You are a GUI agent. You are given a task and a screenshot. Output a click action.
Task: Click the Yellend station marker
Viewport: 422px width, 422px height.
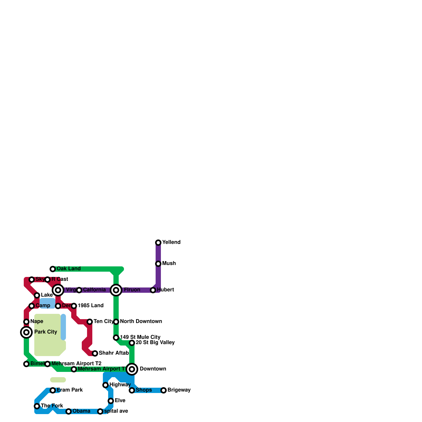coord(158,242)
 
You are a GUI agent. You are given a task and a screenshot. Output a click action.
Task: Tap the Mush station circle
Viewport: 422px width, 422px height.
coord(158,263)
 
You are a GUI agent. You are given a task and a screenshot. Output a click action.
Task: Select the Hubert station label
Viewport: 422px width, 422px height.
coord(165,290)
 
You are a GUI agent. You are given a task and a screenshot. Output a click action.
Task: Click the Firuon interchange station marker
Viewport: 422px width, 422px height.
coord(116,290)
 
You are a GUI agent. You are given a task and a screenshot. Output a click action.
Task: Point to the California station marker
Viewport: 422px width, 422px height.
coord(79,290)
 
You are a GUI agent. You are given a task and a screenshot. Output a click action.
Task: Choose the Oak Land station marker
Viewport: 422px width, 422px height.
coord(53,269)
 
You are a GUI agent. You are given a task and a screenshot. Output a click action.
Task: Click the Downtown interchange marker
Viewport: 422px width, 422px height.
coord(132,369)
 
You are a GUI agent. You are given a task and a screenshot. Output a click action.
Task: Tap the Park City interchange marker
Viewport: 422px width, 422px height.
coord(26,332)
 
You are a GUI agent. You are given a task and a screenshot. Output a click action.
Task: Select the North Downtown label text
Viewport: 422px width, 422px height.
coord(141,321)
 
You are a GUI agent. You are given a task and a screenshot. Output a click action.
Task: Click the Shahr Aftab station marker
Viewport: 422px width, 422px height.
coord(95,353)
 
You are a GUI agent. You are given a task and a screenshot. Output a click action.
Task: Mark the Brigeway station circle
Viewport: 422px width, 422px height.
coord(164,390)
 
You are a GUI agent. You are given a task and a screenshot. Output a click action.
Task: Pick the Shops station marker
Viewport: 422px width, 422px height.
coord(132,390)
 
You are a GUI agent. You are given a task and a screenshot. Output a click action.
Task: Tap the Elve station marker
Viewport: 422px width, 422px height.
coord(111,401)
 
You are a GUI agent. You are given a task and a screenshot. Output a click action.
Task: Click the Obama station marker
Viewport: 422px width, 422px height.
coord(69,411)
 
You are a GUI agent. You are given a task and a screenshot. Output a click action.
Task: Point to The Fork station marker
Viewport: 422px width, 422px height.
coord(37,406)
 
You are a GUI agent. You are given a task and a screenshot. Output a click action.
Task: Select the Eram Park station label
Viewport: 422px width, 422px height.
coord(70,390)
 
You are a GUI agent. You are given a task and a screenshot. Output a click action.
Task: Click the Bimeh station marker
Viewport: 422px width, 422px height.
coord(26,364)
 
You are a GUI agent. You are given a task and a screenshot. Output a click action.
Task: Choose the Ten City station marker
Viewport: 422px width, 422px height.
coord(90,322)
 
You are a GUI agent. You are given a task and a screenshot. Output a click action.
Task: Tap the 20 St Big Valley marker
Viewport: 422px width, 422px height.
coord(132,343)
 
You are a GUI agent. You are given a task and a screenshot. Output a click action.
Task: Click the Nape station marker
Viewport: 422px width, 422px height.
coord(26,322)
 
